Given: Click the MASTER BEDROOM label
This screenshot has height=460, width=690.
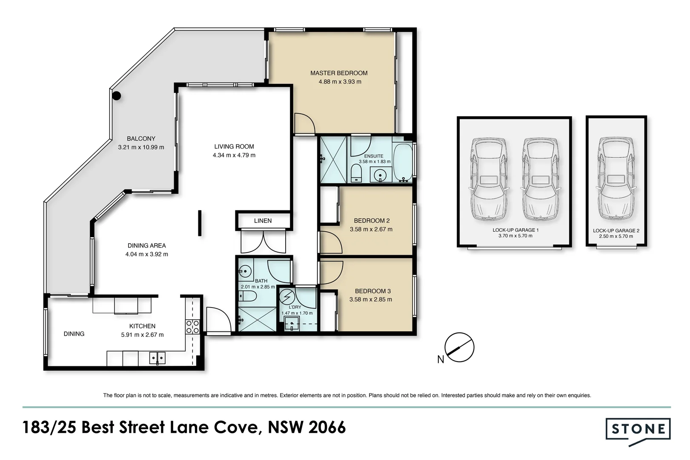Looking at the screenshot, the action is (x=339, y=73).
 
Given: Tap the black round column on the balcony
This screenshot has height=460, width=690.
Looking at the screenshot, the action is (x=117, y=96).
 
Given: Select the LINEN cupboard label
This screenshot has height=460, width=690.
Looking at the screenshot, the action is (x=263, y=221).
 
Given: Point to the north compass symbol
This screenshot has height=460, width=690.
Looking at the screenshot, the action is (x=459, y=348).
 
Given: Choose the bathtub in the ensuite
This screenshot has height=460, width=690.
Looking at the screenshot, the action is (x=403, y=162).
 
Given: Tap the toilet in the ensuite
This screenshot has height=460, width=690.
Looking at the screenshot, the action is (x=356, y=173).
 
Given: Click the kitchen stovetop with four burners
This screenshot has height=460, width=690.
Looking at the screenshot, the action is (x=192, y=327).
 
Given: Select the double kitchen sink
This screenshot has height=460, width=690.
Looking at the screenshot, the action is (x=157, y=358).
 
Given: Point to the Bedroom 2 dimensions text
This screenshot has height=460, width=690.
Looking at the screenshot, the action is (x=371, y=230).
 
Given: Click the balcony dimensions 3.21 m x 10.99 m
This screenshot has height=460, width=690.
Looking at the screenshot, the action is (x=141, y=147).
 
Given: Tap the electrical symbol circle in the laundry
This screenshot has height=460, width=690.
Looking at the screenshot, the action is (x=287, y=296).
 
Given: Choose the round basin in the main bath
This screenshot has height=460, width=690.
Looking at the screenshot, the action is (x=245, y=272).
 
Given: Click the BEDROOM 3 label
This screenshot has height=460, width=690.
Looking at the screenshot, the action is (x=373, y=291).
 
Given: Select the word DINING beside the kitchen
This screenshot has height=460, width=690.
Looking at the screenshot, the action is (x=74, y=334).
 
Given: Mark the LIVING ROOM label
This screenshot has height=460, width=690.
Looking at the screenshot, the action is (x=234, y=147).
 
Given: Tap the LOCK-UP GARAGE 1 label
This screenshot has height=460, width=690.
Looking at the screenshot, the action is (x=515, y=230).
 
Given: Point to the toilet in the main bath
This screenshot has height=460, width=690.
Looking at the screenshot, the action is (x=247, y=296).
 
